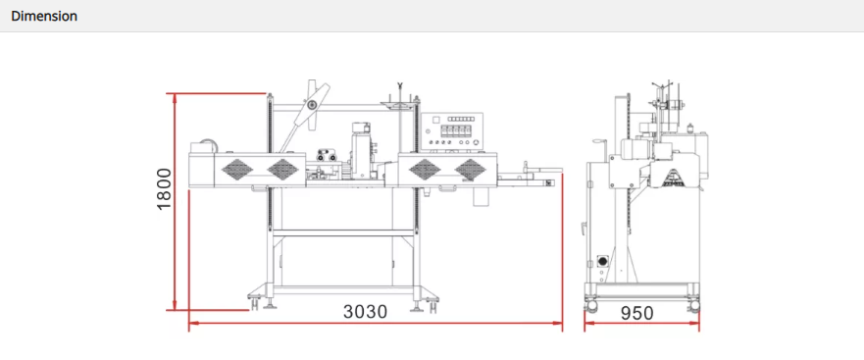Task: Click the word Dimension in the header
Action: tap(44, 16)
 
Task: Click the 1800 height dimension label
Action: tap(164, 189)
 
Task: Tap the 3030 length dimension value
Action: tap(366, 312)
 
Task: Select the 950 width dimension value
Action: tap(637, 313)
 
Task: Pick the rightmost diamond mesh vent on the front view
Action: tap(470, 170)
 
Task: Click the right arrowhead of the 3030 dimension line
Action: tap(559, 324)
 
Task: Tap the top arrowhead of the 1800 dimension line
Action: tap(175, 98)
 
